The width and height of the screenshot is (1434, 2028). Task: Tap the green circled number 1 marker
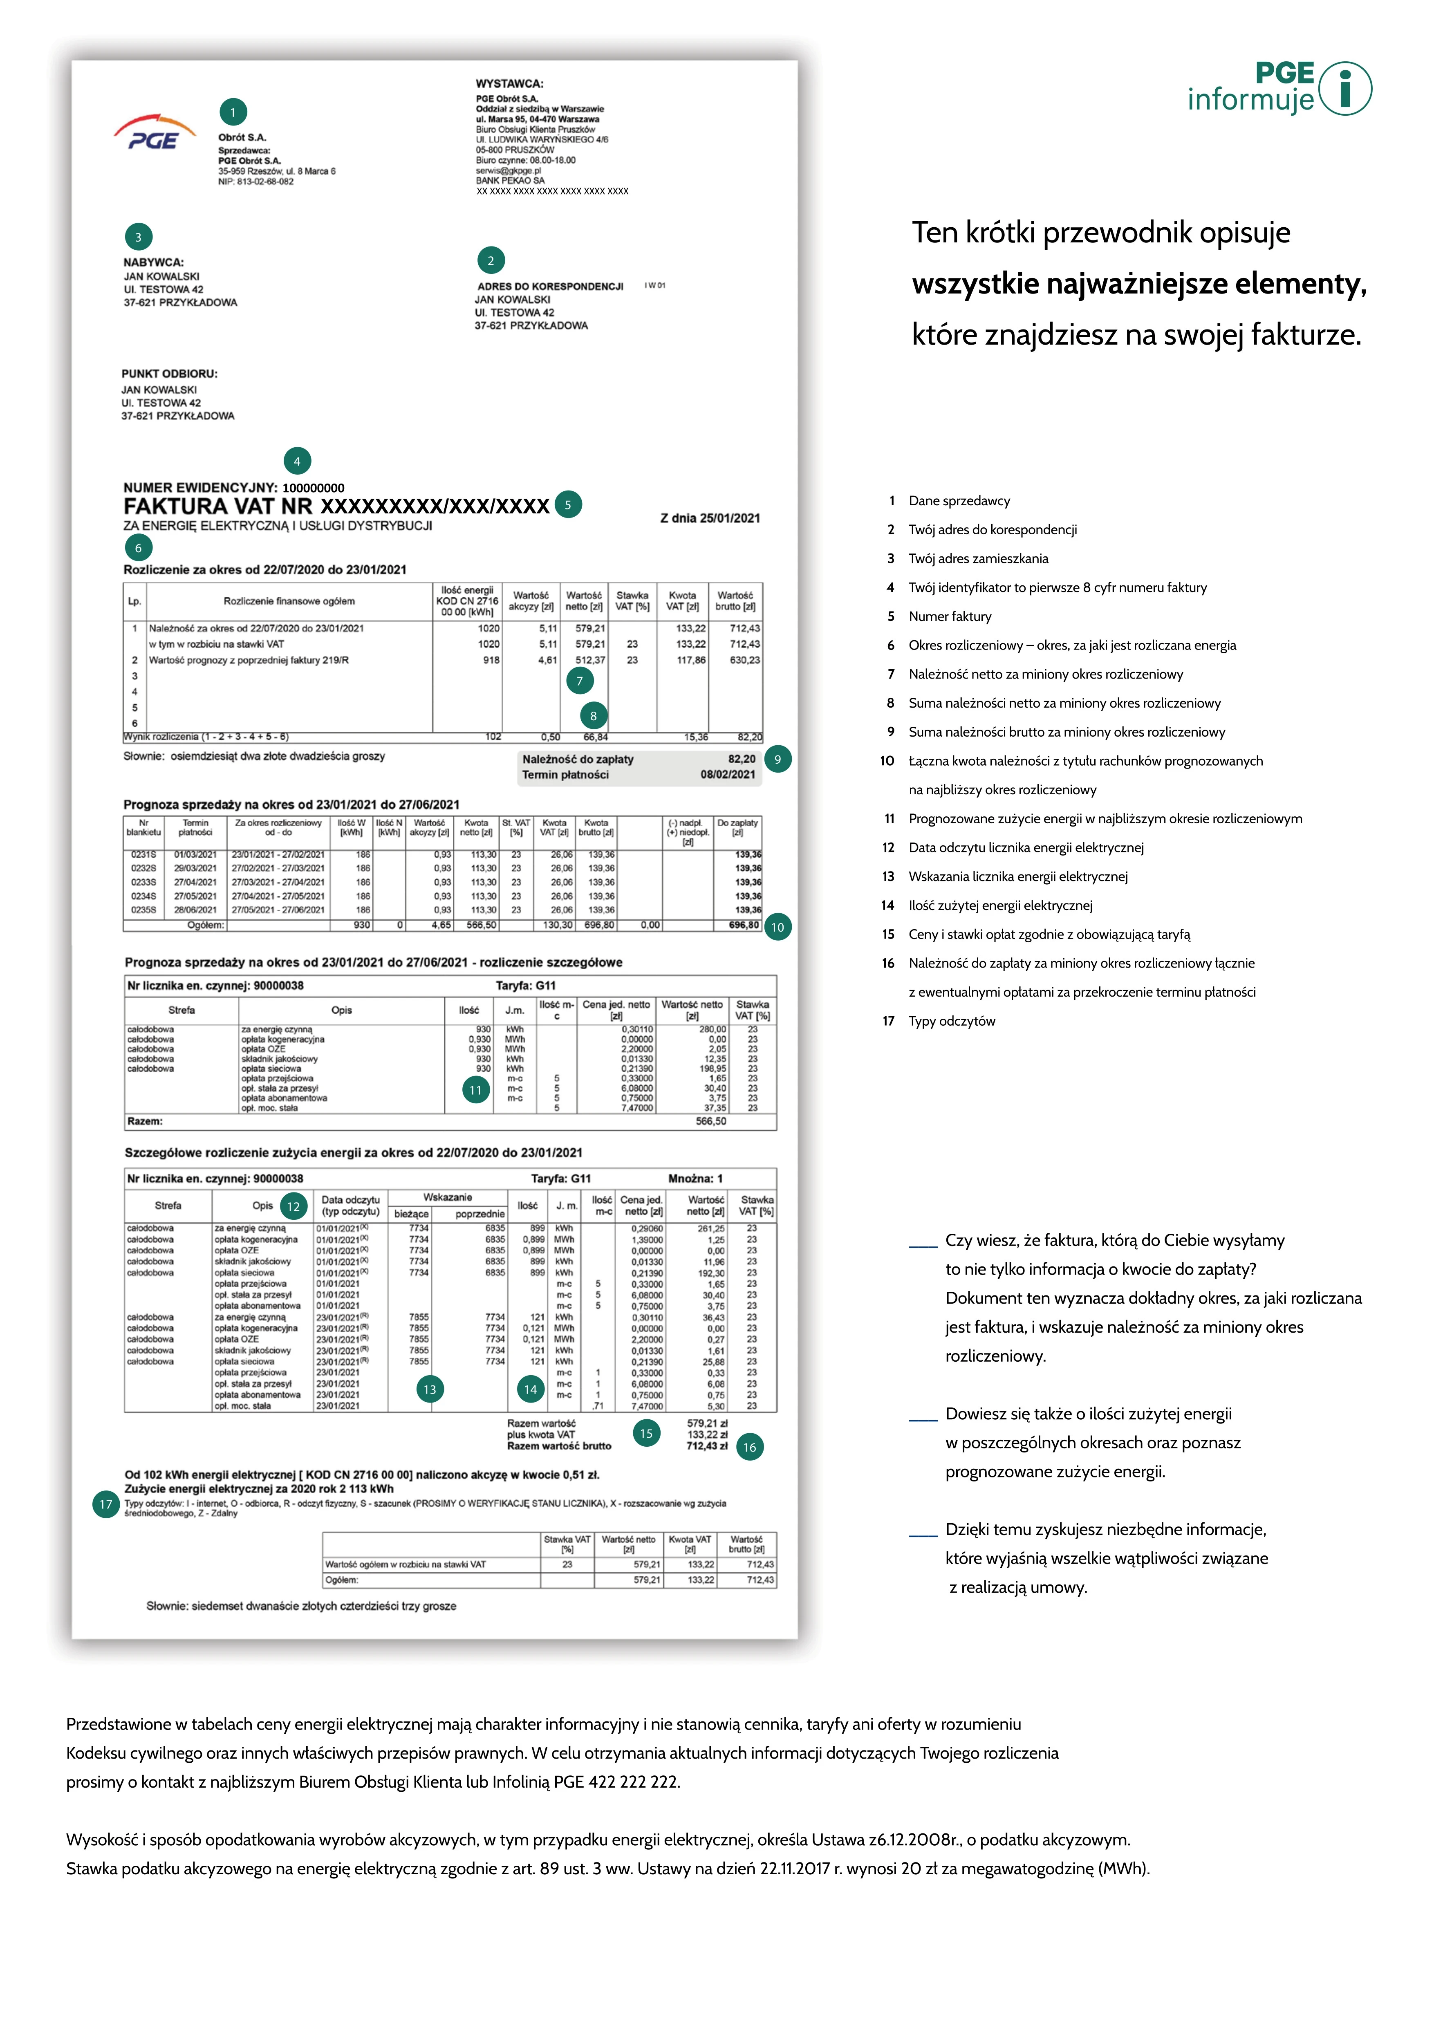click(x=233, y=112)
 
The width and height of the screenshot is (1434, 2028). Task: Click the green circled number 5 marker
click(x=568, y=505)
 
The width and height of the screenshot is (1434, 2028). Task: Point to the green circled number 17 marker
click(x=106, y=1504)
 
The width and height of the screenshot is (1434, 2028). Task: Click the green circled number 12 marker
click(x=293, y=1207)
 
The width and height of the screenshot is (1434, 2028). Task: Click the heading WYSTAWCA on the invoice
click(x=509, y=84)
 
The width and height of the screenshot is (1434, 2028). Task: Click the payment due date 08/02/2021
click(x=728, y=775)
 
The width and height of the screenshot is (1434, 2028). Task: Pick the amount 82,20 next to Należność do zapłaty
click(x=742, y=759)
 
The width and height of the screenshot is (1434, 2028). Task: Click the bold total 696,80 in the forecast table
click(x=744, y=925)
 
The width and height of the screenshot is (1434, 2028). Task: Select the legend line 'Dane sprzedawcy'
click(x=959, y=501)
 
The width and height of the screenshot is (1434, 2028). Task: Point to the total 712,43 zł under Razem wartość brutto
click(x=706, y=1446)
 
